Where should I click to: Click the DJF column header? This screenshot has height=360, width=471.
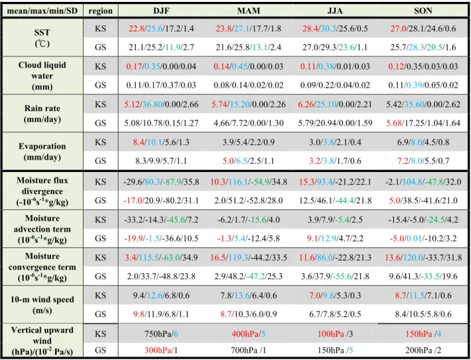click(161, 11)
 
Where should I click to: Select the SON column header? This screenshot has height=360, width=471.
click(423, 11)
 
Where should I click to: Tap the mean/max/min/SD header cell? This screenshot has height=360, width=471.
click(42, 11)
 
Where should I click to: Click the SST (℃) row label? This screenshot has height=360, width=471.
click(42, 38)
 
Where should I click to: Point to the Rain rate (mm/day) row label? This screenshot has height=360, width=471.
click(42, 113)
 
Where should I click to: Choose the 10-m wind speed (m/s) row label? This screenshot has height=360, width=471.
click(42, 304)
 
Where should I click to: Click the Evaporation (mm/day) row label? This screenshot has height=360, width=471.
click(42, 152)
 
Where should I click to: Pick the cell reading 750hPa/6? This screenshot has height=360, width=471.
click(161, 334)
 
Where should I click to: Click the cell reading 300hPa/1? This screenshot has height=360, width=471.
click(161, 350)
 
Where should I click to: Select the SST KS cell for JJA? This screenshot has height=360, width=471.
click(335, 28)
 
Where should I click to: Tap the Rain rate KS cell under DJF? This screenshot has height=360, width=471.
click(161, 105)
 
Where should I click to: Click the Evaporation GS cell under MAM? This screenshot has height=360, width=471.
click(248, 161)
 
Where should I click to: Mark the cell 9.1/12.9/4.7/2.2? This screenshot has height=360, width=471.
click(335, 238)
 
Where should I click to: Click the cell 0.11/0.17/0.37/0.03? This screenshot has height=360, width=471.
click(161, 85)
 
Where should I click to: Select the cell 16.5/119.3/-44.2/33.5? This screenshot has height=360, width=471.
click(248, 257)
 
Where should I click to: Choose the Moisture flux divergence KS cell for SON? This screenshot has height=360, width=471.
click(423, 182)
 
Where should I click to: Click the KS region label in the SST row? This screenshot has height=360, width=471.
click(100, 28)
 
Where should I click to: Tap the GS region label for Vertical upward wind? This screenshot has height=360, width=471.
click(100, 350)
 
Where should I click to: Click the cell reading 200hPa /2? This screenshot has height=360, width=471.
click(423, 350)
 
